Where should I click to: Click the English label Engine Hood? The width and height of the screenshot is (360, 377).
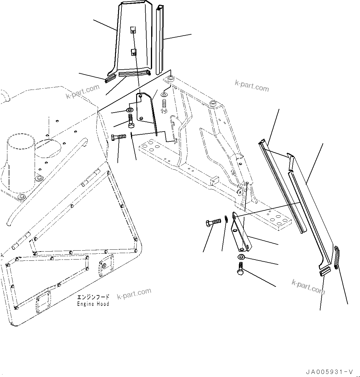(93, 304)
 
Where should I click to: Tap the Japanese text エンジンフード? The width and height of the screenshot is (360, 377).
(93, 297)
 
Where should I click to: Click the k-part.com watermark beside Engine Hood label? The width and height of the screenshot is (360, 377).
(134, 294)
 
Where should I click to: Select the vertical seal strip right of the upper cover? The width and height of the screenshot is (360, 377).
(160, 40)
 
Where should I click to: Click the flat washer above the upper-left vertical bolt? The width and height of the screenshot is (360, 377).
(130, 110)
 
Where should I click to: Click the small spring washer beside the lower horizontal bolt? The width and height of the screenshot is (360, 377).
(226, 219)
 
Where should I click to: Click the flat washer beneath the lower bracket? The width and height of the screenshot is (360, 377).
(241, 257)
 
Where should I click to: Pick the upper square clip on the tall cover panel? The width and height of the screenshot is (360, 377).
(132, 30)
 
